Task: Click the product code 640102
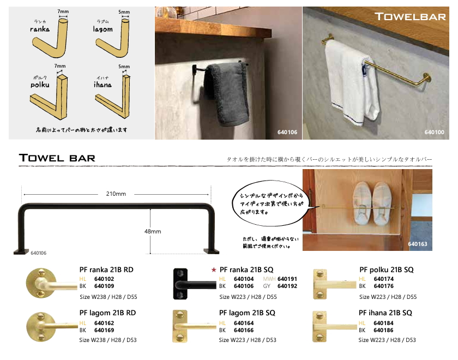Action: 104,278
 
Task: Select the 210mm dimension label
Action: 116,194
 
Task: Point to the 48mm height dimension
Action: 153,231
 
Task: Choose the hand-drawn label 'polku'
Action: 39,85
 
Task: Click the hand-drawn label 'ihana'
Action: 103,85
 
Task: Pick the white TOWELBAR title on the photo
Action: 410,17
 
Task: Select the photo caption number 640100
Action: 435,133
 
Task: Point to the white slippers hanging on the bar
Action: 373,203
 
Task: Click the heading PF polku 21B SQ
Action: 387,269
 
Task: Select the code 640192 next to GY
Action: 287,285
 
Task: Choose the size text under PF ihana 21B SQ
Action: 387,340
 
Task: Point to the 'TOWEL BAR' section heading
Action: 57,158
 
